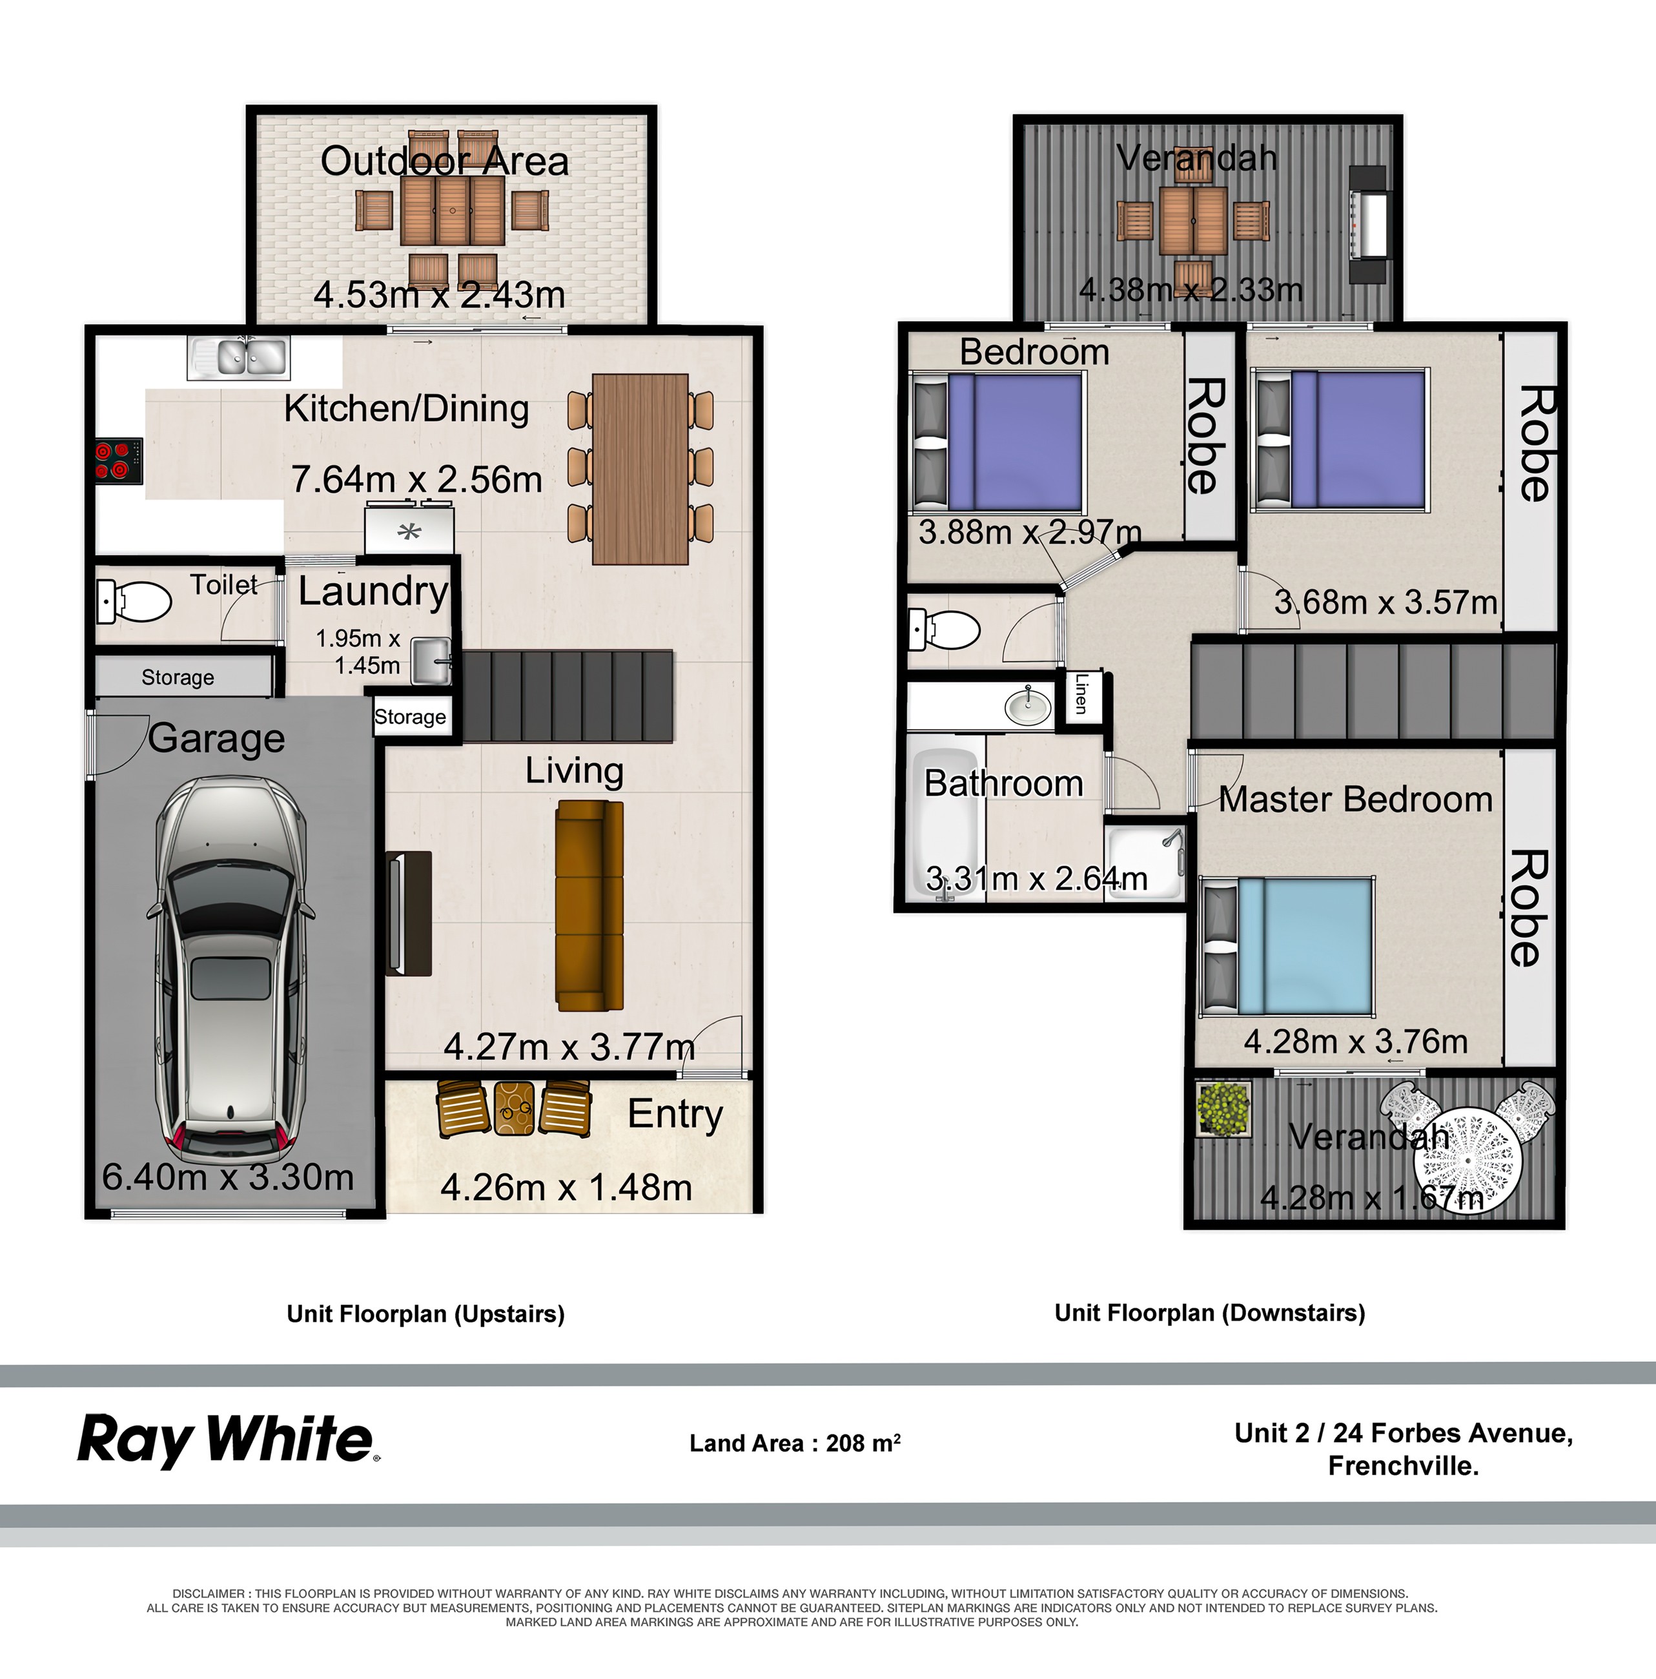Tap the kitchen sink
coord(239,357)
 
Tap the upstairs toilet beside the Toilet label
coord(135,601)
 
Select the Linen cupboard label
coord(1081,694)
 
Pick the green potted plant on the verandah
coord(1222,1108)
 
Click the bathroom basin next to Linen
coord(1028,705)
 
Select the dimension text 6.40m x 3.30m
coord(228,1177)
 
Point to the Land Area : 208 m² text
coord(794,1443)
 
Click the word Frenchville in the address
coord(1402,1466)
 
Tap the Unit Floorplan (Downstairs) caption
coord(1209,1312)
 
